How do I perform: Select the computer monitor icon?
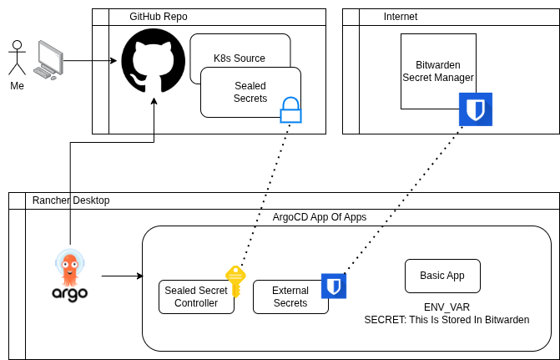point(49,61)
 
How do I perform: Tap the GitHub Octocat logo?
point(153,60)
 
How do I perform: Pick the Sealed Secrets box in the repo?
point(250,92)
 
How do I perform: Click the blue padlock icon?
point(290,110)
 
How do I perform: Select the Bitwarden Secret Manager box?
point(437,71)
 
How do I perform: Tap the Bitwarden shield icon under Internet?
point(476,109)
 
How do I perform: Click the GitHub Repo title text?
point(158,17)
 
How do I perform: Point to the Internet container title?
point(400,17)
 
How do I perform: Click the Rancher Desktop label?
point(70,200)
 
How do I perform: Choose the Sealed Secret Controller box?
point(196,297)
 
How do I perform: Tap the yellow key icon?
point(235,280)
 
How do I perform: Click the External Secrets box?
point(290,297)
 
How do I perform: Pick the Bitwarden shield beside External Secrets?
point(334,286)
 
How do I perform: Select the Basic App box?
point(442,275)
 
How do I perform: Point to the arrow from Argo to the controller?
point(122,276)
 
